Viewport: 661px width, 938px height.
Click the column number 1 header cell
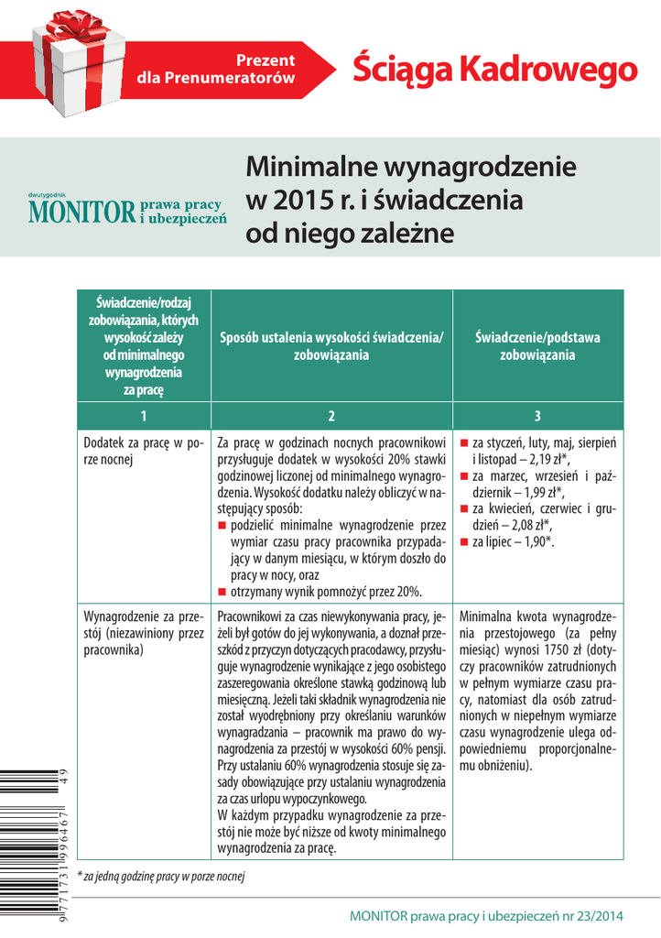(x=144, y=416)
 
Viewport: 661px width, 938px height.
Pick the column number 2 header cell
(x=331, y=416)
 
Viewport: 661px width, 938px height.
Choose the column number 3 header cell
(x=537, y=416)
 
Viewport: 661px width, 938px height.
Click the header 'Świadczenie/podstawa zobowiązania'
(x=537, y=346)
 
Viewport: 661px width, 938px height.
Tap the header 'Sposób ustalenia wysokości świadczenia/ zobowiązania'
(x=331, y=346)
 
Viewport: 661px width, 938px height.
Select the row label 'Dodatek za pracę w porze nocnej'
(x=143, y=452)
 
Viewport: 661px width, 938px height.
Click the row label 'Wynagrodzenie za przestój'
(x=143, y=633)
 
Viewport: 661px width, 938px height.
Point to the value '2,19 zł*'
(x=544, y=459)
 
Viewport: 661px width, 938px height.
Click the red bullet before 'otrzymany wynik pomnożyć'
(x=223, y=592)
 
